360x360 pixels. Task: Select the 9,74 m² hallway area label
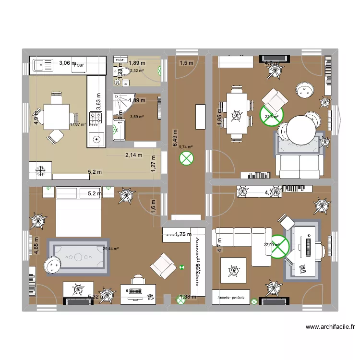186,147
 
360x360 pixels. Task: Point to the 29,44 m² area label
110,249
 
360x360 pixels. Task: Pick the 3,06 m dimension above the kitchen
67,62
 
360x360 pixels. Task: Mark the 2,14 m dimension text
134,155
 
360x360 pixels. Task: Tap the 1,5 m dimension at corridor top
186,62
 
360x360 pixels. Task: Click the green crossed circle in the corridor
186,158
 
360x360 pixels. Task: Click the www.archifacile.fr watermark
330,328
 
